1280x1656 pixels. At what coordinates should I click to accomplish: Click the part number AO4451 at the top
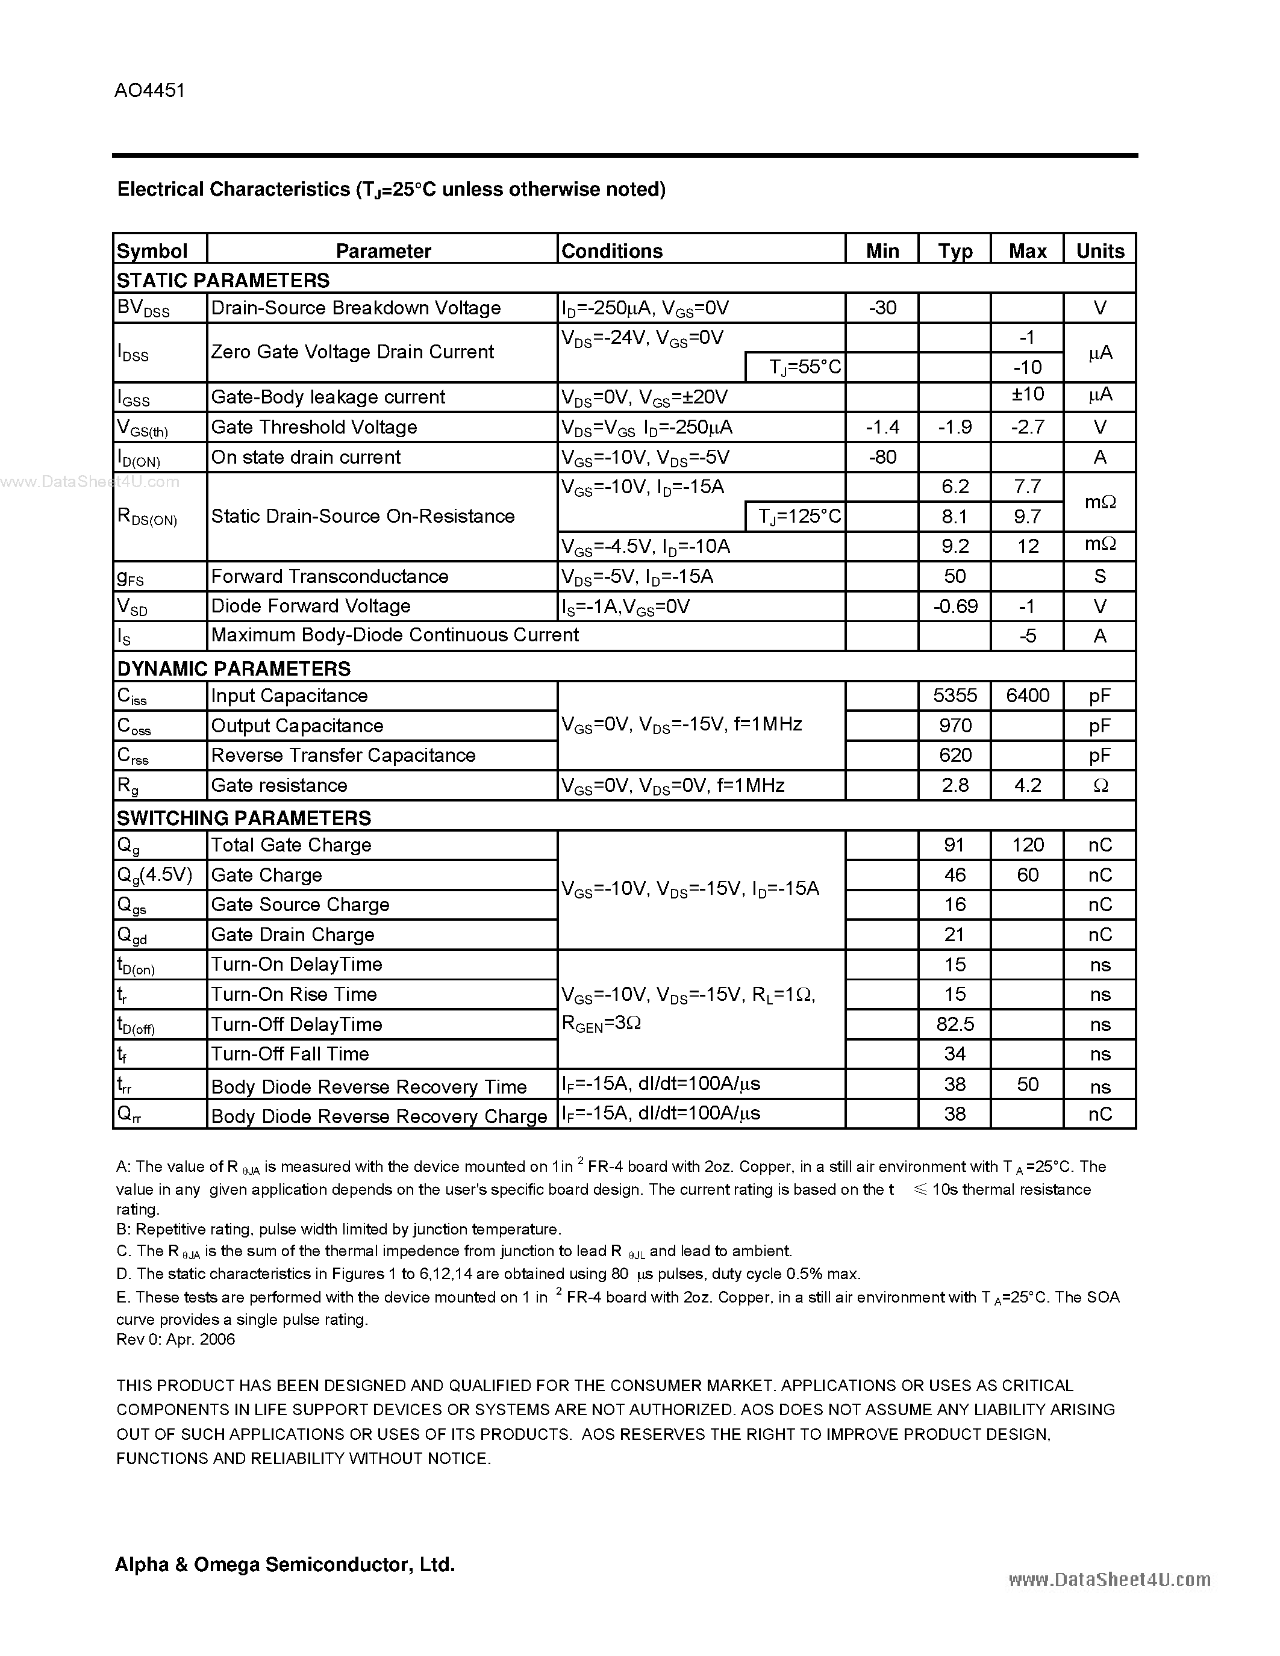pos(149,91)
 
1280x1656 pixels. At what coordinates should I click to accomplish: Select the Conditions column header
pos(611,251)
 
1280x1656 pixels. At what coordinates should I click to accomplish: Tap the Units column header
pos(1099,251)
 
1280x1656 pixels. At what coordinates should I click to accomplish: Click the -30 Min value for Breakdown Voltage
pos(882,308)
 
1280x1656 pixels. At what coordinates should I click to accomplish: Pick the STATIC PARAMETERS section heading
pos(223,281)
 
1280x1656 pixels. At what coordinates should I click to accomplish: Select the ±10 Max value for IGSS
pos(1027,395)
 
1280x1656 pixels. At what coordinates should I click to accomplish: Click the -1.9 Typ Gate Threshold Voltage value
pos(954,428)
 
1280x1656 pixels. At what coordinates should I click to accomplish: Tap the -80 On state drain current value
pos(882,457)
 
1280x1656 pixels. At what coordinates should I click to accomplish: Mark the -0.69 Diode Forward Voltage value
pos(954,606)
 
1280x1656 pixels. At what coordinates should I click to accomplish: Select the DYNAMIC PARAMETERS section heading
pos(234,669)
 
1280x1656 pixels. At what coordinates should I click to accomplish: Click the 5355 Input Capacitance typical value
pos(954,696)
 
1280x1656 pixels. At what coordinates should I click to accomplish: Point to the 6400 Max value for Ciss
pos(1027,696)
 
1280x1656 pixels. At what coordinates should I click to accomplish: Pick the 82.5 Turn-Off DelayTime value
pos(954,1025)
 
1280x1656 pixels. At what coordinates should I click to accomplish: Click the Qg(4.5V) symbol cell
pos(155,876)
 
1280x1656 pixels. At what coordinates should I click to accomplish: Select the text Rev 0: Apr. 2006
pos(175,1340)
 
